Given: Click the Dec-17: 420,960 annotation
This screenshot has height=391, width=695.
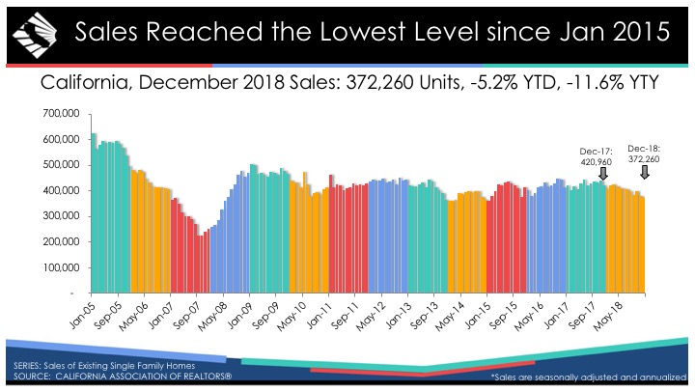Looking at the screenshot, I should tap(590, 155).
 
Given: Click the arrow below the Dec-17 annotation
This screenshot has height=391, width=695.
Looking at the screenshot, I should tap(603, 174).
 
